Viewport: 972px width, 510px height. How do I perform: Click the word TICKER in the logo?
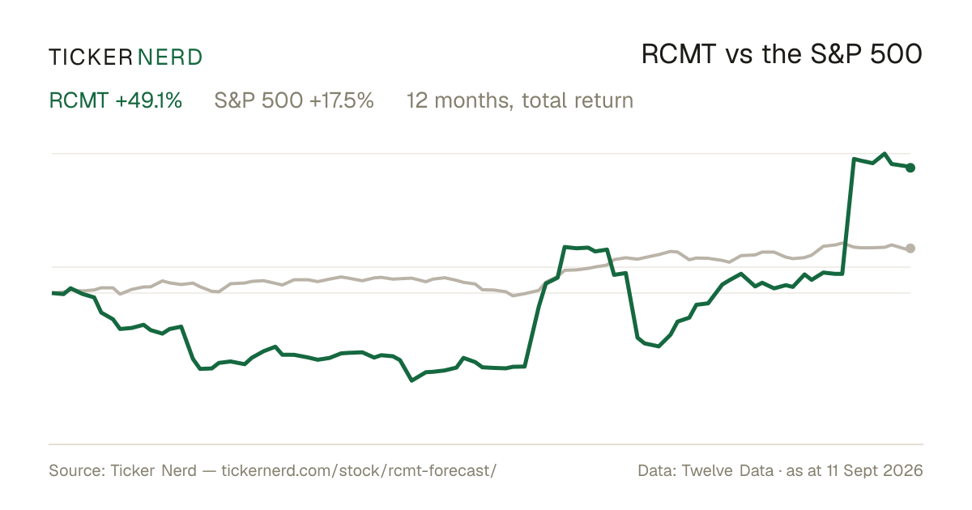coord(90,57)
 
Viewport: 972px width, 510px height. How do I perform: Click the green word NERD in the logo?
coord(169,57)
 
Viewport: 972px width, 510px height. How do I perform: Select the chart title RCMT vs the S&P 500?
coord(782,55)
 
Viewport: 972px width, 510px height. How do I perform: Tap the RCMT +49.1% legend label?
coord(115,100)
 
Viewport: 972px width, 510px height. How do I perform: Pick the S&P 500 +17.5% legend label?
coord(294,100)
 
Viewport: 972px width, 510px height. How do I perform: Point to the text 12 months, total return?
coord(520,101)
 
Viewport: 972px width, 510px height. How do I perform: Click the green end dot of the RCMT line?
coord(910,168)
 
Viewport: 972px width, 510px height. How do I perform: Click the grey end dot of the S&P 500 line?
coord(910,248)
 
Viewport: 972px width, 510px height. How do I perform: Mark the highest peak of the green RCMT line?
coord(885,154)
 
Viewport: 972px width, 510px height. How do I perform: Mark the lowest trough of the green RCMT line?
coord(411,380)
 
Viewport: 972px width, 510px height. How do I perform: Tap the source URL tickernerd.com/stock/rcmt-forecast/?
coord(359,471)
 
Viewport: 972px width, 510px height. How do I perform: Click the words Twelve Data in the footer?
coord(727,470)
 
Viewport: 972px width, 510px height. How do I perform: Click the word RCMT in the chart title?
coord(678,55)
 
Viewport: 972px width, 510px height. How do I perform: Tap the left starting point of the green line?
coord(53,293)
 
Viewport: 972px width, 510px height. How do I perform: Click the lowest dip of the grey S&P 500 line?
coord(514,295)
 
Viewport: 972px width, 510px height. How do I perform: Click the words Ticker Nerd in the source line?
coord(153,470)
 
